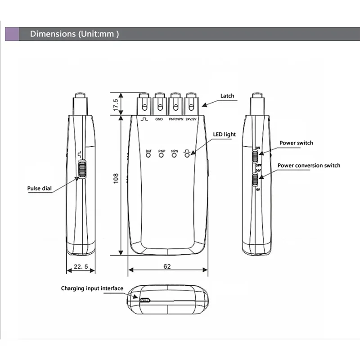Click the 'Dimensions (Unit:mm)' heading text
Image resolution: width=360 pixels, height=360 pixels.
pyautogui.click(x=74, y=34)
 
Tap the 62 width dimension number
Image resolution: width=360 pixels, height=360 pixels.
pyautogui.click(x=167, y=266)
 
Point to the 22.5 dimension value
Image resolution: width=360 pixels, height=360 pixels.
pyautogui.click(x=81, y=267)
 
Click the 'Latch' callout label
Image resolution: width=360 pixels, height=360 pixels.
pyautogui.click(x=227, y=96)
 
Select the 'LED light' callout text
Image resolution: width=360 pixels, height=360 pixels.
pyautogui.click(x=224, y=135)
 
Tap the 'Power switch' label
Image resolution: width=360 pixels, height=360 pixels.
pyautogui.click(x=296, y=143)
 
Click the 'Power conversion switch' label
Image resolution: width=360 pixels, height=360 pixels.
pyautogui.click(x=309, y=166)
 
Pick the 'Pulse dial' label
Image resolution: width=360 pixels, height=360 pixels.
pyautogui.click(x=40, y=189)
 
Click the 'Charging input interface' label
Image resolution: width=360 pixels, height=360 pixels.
pyautogui.click(x=92, y=288)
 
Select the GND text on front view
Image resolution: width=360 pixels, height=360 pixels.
pyautogui.click(x=159, y=120)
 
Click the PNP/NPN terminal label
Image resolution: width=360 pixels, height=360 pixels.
pyautogui.click(x=175, y=120)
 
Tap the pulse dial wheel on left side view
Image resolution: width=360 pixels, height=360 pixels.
pyautogui.click(x=82, y=170)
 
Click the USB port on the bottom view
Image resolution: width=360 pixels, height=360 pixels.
pyautogui.click(x=144, y=300)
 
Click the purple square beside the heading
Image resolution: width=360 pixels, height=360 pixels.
pyautogui.click(x=12, y=34)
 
